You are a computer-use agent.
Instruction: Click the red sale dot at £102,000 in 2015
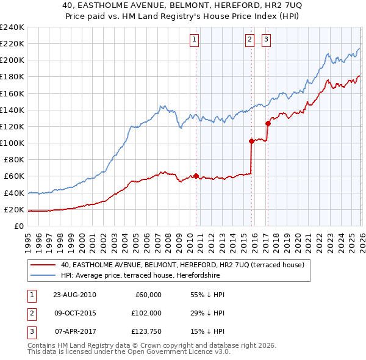pos(251,141)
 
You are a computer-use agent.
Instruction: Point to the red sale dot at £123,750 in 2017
pos(268,123)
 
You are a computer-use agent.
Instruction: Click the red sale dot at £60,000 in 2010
pos(196,176)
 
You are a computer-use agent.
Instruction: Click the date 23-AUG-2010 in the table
pos(74,295)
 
